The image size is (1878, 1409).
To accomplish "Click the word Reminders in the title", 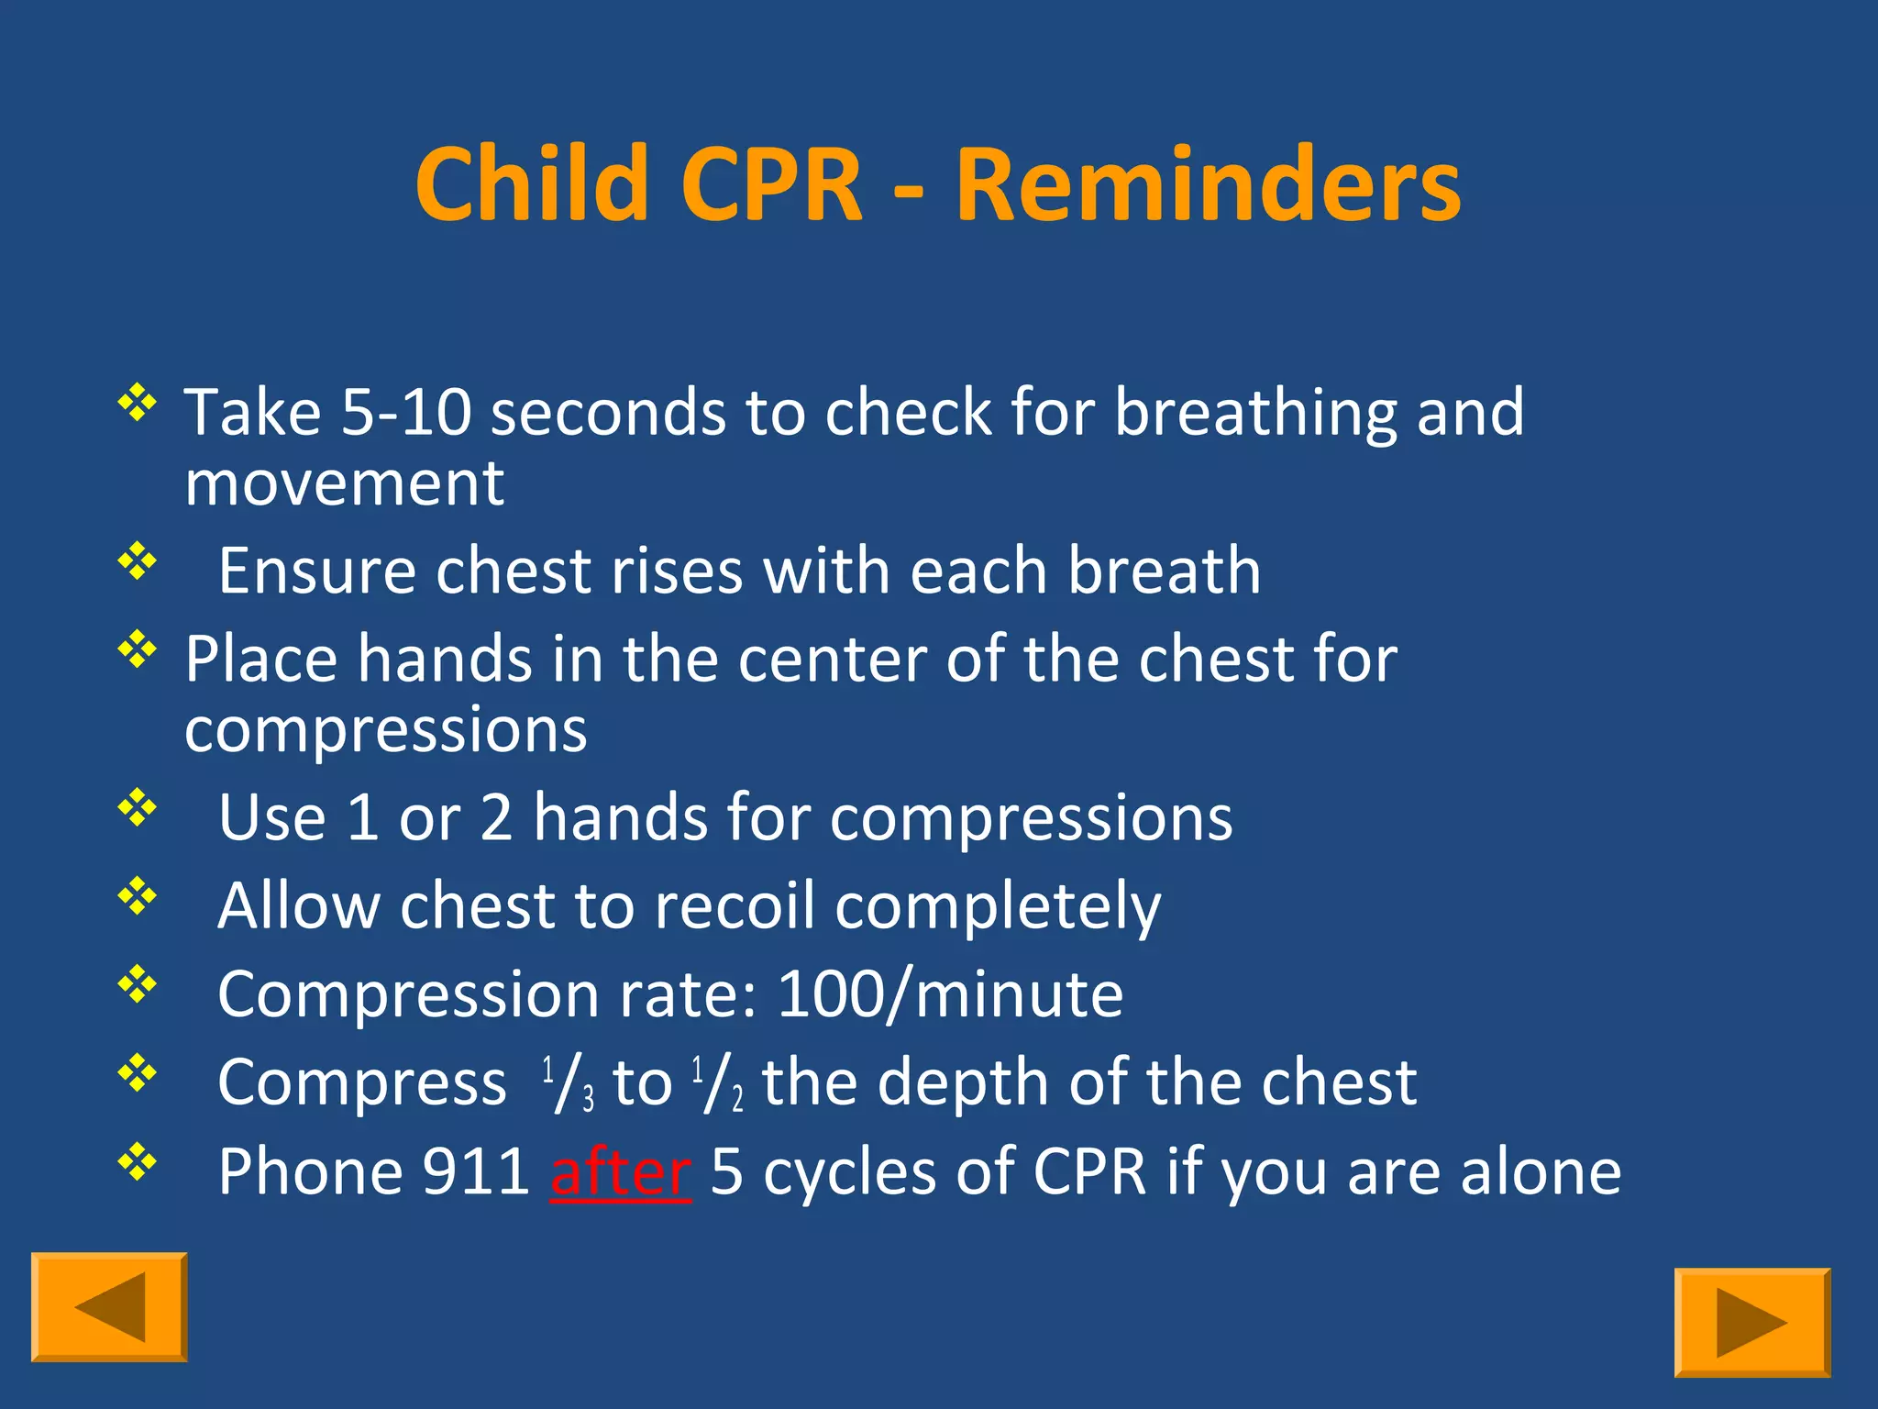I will tap(1208, 186).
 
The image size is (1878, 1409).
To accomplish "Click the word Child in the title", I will tap(532, 186).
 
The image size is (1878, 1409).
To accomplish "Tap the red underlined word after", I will tap(621, 1172).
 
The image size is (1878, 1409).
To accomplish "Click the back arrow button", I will tap(109, 1306).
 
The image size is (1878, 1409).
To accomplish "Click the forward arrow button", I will tap(1751, 1322).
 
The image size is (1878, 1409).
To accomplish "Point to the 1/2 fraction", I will tap(718, 1083).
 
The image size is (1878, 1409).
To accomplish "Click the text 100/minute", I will tap(949, 994).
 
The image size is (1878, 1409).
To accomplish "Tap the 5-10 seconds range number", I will tap(406, 413).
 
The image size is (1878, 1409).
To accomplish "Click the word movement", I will tap(344, 483).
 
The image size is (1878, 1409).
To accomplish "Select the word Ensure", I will tap(316, 571).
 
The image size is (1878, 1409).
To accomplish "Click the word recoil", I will tap(735, 906).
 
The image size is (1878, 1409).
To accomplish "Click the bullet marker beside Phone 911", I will tap(138, 1161).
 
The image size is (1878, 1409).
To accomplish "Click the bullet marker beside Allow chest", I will tap(138, 895).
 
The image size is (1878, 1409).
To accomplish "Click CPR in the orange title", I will tap(771, 186).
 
